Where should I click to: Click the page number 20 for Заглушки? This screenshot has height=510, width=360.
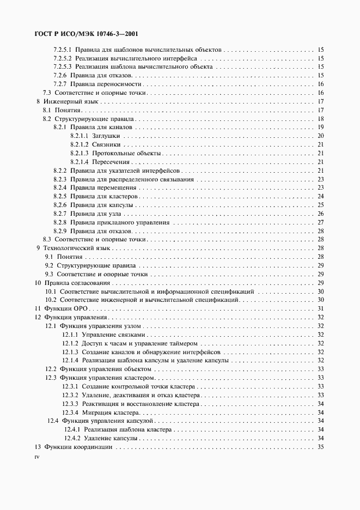point(321,136)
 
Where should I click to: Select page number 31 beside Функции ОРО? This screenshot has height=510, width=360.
point(321,308)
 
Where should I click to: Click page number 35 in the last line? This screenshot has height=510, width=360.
point(321,447)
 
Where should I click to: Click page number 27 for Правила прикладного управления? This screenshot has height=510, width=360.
point(321,222)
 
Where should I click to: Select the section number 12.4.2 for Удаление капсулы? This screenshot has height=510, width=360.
point(72,438)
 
